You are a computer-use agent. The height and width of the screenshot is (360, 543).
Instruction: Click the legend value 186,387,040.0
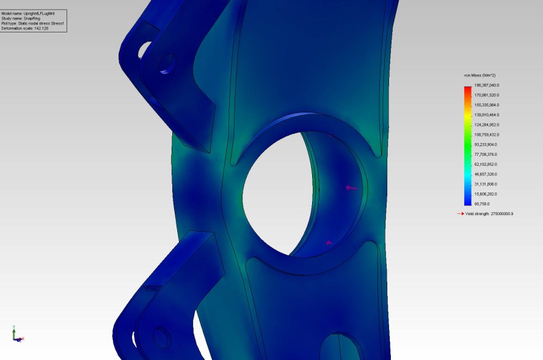click(x=486, y=85)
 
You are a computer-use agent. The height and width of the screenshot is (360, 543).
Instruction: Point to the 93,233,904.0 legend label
click(x=486, y=144)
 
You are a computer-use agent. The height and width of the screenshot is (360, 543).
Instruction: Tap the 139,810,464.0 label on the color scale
click(x=486, y=115)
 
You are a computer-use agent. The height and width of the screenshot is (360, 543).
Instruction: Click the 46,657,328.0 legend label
click(x=486, y=174)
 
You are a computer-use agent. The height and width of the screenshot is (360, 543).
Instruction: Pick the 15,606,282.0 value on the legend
click(x=486, y=194)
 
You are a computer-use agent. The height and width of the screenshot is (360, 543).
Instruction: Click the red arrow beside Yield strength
click(x=461, y=214)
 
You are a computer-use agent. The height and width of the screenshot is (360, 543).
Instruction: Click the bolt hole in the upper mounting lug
click(x=167, y=63)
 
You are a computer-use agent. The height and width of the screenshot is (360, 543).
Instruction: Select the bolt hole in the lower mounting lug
click(x=162, y=337)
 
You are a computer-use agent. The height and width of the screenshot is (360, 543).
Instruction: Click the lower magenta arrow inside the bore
click(x=329, y=243)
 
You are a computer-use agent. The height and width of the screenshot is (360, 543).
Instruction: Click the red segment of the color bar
click(x=467, y=89)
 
